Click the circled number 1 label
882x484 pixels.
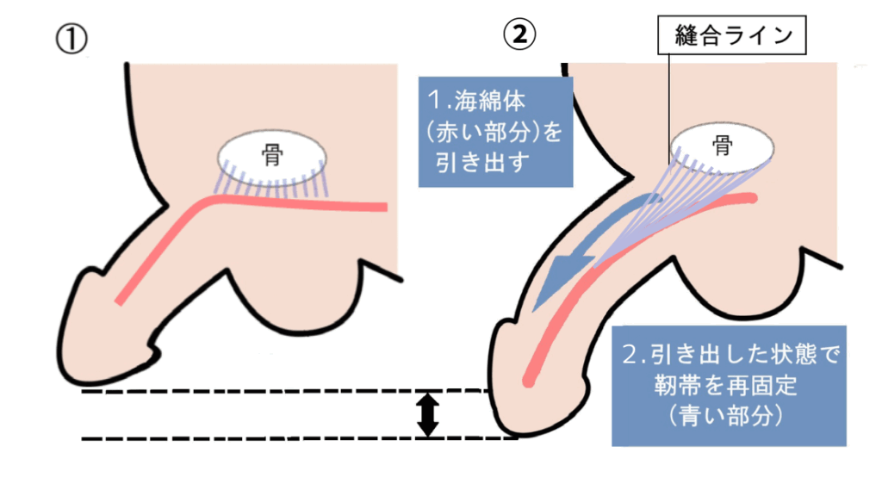point(71,39)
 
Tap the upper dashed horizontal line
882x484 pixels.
point(258,392)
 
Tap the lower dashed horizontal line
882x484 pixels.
point(258,439)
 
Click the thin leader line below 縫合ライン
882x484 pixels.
point(669,103)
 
